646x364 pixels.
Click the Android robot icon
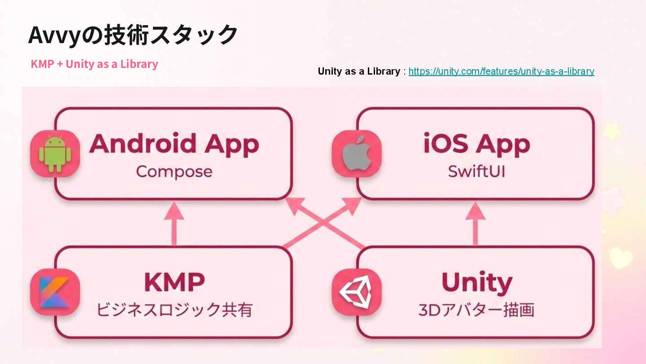(55, 154)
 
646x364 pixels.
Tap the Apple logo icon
(357, 154)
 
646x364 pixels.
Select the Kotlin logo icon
(55, 292)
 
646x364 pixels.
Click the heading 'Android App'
(174, 144)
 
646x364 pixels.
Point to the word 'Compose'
(174, 172)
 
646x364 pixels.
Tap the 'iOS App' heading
(476, 144)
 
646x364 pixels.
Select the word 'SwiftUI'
(476, 172)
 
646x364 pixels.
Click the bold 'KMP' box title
(174, 282)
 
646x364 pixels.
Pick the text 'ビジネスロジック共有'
(174, 310)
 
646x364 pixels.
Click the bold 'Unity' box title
(476, 282)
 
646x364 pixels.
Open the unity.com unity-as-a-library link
(501, 71)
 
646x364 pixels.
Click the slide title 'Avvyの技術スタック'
(132, 35)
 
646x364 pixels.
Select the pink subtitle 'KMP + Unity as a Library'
(94, 64)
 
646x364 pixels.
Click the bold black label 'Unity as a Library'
(358, 71)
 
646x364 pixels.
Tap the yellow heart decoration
(621, 258)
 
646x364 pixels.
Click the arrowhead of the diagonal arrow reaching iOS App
(352, 204)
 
